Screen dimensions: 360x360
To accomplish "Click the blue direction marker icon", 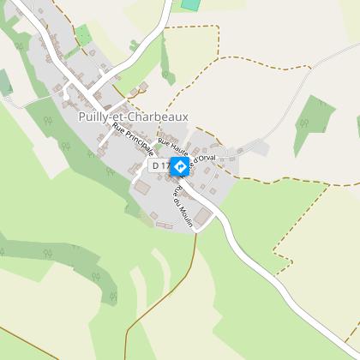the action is [x=180, y=166].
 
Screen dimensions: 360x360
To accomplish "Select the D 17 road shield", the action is [x=160, y=165].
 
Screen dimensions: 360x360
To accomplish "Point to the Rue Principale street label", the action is [x=134, y=145].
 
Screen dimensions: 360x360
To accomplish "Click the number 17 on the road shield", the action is [x=165, y=165].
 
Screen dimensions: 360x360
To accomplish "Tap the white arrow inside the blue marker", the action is [x=180, y=166].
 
